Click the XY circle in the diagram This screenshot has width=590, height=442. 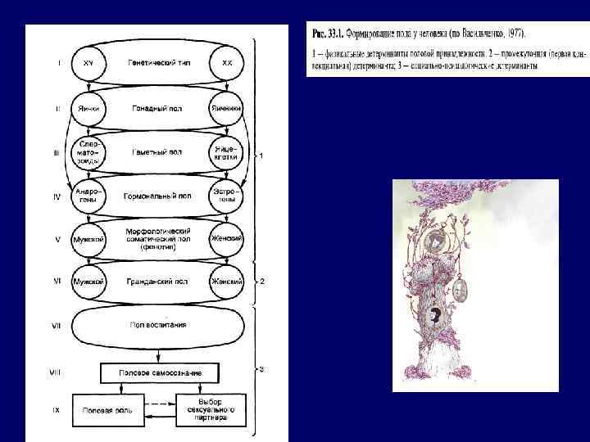(88, 63)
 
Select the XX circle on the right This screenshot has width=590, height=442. (227, 63)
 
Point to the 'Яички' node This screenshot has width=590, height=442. (88, 108)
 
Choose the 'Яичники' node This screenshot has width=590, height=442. (227, 108)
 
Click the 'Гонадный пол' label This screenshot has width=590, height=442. (157, 108)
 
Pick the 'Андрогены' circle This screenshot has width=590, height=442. (88, 196)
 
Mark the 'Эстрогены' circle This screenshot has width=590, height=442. (227, 196)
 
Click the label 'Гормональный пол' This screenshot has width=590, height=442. (157, 196)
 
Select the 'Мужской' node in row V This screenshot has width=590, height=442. (88, 239)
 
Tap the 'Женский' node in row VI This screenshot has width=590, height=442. (227, 282)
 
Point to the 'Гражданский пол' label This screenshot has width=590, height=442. (157, 282)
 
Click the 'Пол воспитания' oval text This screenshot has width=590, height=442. (157, 325)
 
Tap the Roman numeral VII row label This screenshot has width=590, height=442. (56, 326)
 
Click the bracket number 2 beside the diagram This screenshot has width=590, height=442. (261, 282)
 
